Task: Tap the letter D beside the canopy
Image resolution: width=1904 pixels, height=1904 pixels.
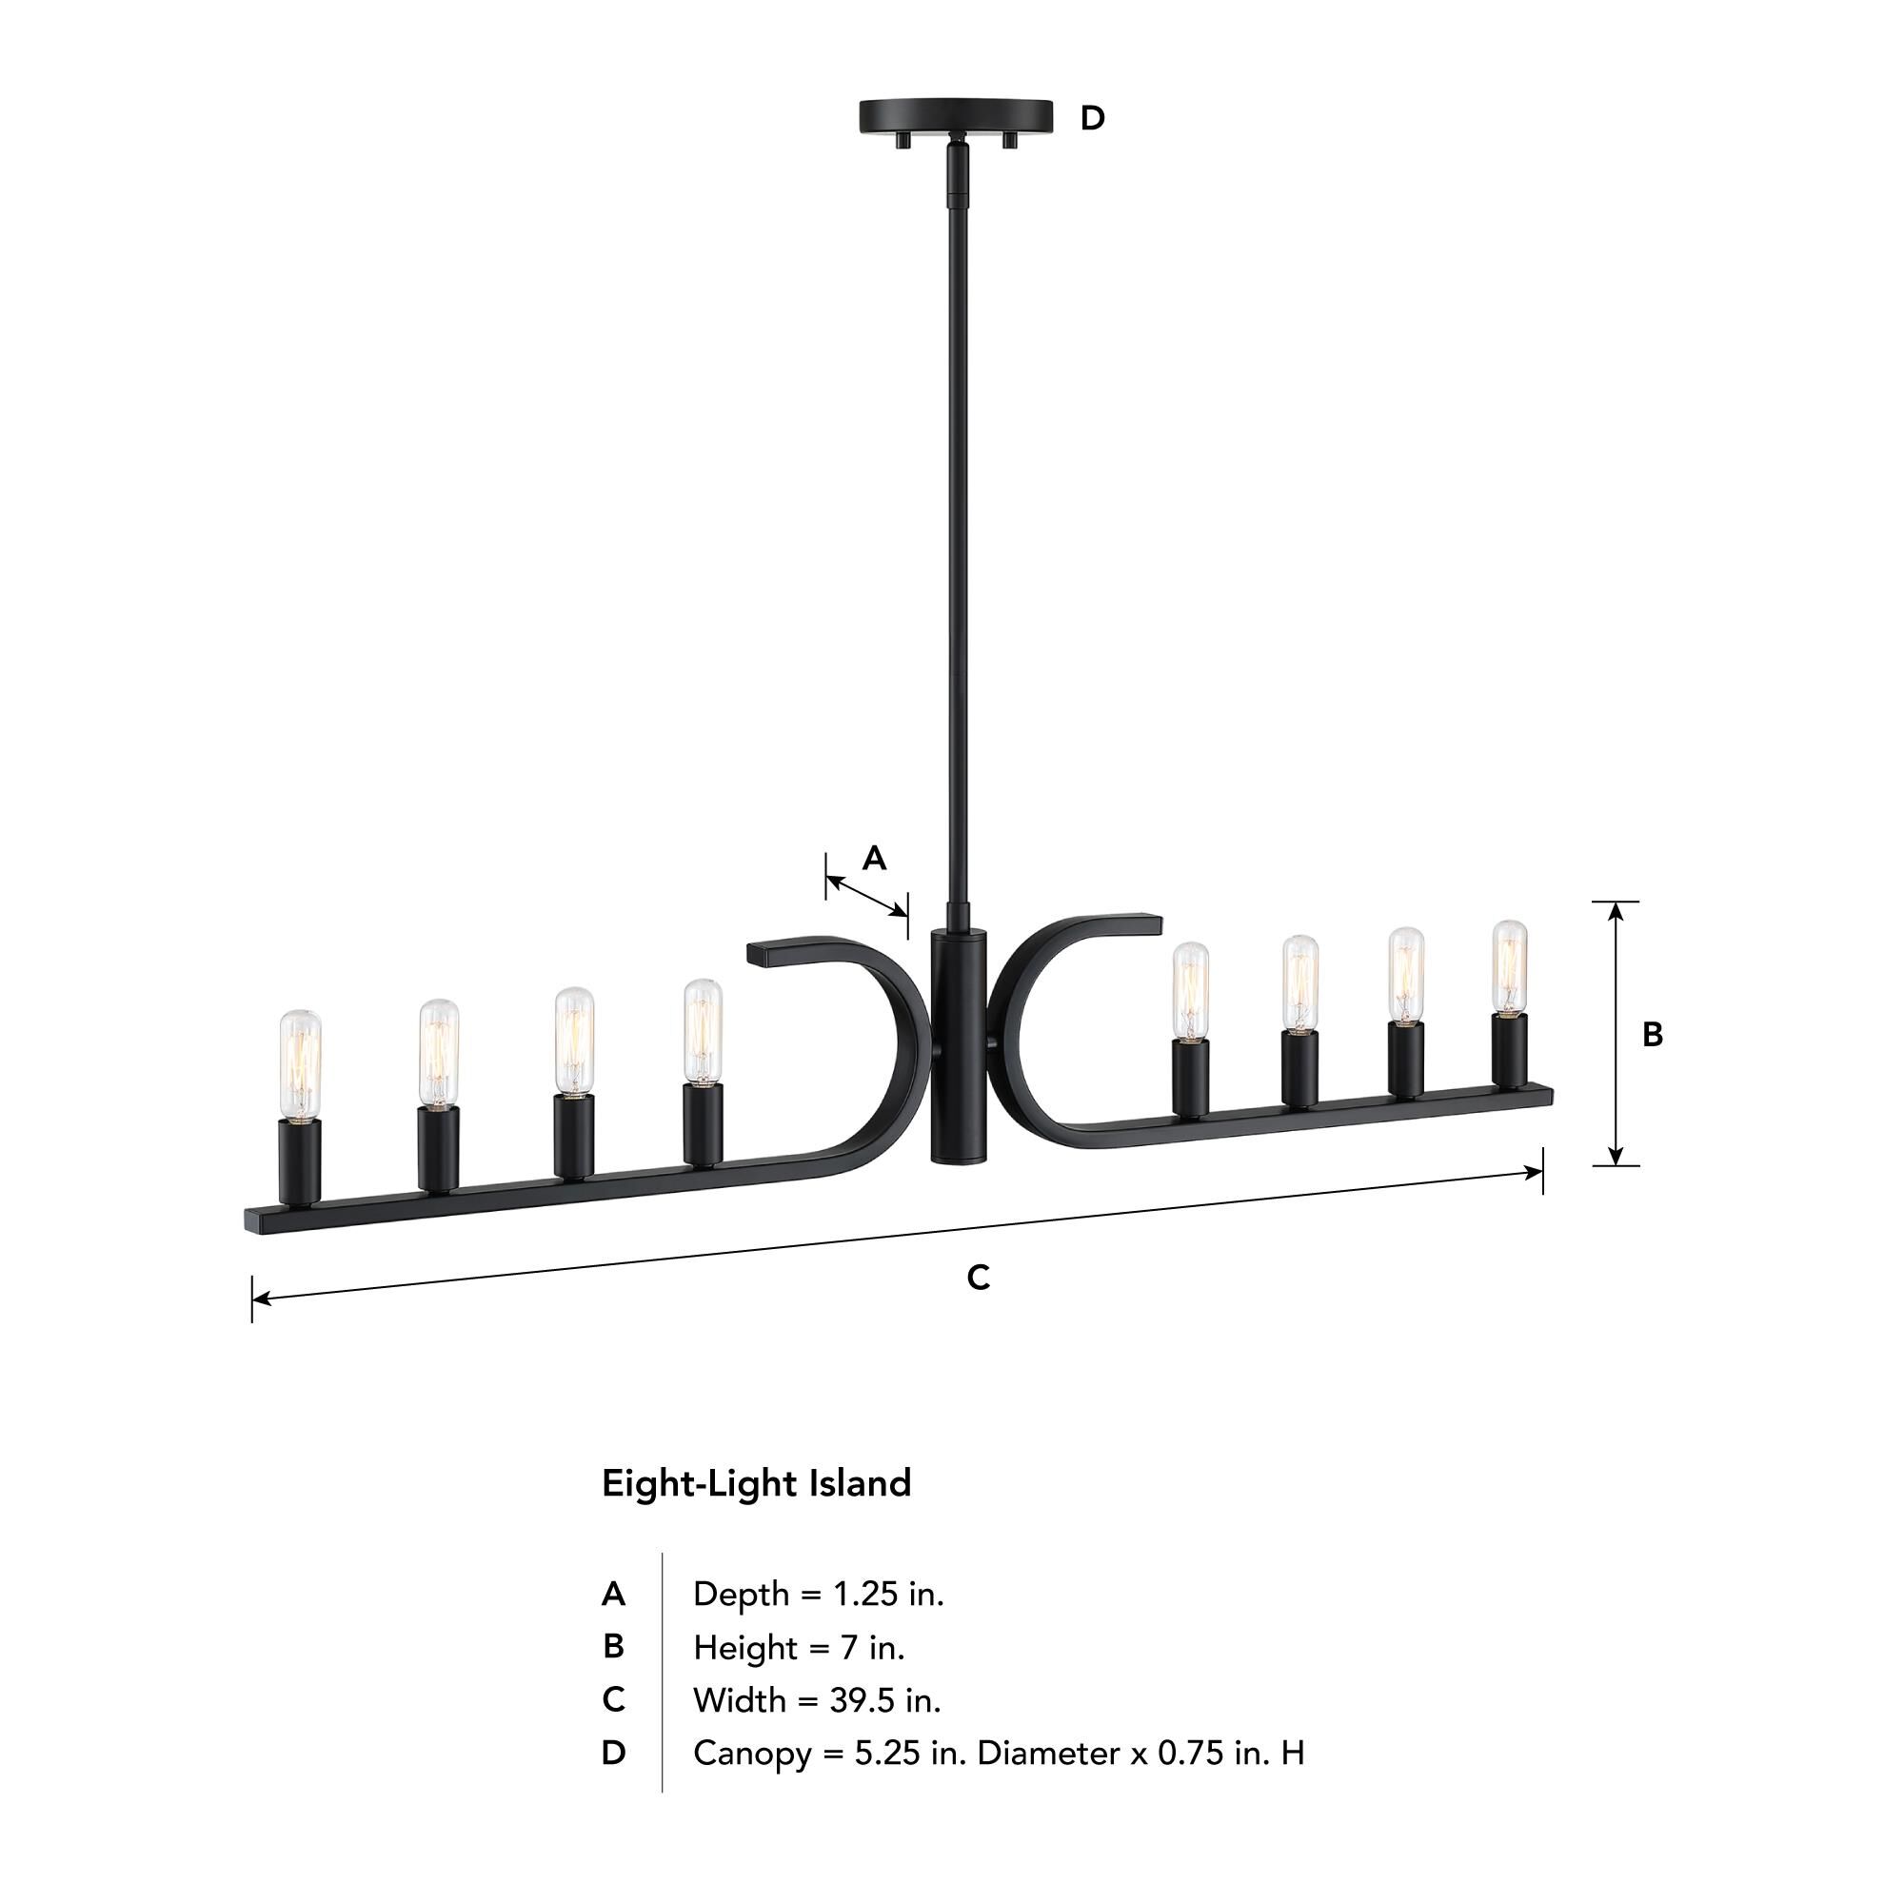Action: [1092, 118]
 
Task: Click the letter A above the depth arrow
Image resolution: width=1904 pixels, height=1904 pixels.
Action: [874, 859]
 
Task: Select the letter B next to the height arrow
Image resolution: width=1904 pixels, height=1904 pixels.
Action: [1653, 1034]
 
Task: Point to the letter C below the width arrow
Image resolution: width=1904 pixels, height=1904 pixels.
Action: [978, 1278]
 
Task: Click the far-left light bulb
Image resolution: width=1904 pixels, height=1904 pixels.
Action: [300, 1064]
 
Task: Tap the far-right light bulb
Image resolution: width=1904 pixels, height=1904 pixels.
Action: [1509, 967]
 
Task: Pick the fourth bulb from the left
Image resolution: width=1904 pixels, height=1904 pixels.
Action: [703, 1031]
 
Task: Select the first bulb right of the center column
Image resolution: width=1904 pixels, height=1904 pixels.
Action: [1191, 990]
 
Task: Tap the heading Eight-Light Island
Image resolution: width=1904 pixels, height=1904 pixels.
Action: [756, 1483]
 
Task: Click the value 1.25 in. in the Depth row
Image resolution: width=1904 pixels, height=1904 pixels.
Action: [888, 1594]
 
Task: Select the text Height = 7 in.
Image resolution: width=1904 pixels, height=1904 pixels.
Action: [799, 1647]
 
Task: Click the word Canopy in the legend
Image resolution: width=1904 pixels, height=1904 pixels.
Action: [751, 1754]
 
